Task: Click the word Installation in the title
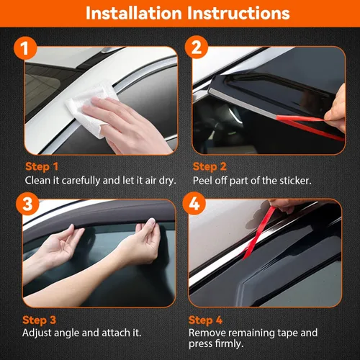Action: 134,13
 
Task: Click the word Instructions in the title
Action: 238,13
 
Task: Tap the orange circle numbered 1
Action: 25,48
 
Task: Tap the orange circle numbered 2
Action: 197,47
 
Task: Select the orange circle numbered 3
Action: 27,204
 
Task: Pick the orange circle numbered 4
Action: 194,204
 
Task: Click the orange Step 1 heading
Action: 42,166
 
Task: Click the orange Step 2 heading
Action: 210,166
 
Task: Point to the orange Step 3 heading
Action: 39,320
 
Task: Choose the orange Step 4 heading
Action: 205,320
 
